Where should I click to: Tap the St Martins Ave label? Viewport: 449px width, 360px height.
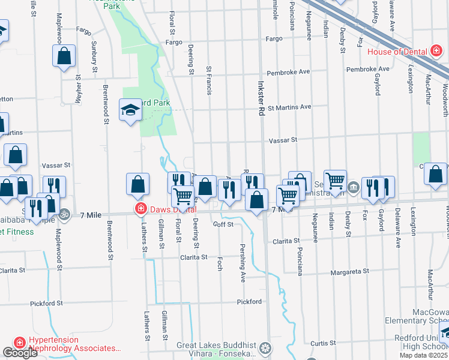[x=289, y=107]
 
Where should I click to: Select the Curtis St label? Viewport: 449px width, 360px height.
[x=323, y=343]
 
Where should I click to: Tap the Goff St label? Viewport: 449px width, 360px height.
[x=223, y=224]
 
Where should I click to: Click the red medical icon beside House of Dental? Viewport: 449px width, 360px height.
[x=436, y=52]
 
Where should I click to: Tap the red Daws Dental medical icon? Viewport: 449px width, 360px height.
[x=140, y=209]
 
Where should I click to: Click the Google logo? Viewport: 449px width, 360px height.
[x=20, y=353]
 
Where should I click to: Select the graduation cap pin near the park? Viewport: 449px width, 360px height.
[x=130, y=110]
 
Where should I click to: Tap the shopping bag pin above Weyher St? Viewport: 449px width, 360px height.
[x=64, y=56]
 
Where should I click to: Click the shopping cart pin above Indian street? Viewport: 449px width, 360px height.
[x=335, y=179]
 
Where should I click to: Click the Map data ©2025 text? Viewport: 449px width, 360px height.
[x=423, y=355]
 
